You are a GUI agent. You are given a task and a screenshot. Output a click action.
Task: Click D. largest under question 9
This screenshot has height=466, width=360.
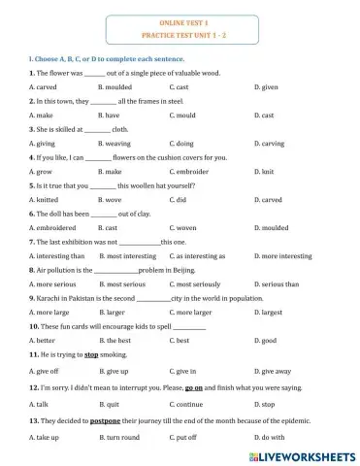tap(269, 312)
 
